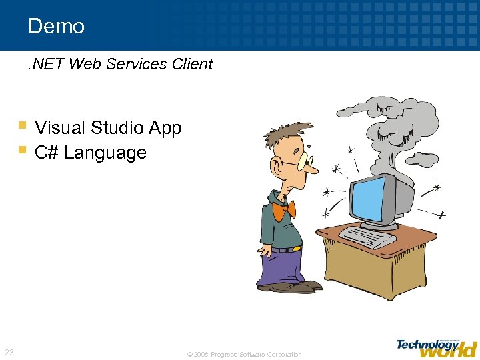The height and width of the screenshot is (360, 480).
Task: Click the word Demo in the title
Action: click(x=57, y=27)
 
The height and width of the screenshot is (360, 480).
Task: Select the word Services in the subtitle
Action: click(x=138, y=64)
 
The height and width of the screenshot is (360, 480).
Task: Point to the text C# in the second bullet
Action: click(x=46, y=153)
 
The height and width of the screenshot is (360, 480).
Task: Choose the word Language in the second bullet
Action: click(x=105, y=153)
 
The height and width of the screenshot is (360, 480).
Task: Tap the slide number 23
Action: click(x=9, y=352)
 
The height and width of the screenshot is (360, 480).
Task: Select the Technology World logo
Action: click(x=437, y=347)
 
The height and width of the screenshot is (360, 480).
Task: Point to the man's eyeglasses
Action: click(x=304, y=160)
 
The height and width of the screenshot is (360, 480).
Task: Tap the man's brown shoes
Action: click(x=293, y=287)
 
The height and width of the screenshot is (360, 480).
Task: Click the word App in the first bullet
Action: click(x=166, y=127)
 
